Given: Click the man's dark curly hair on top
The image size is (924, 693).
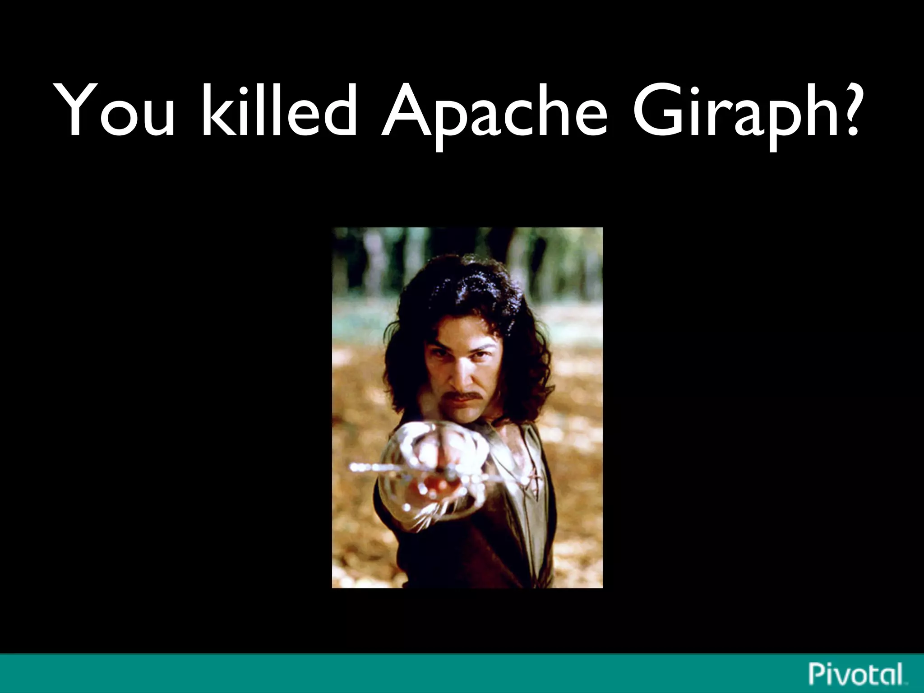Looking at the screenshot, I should [x=460, y=289].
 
